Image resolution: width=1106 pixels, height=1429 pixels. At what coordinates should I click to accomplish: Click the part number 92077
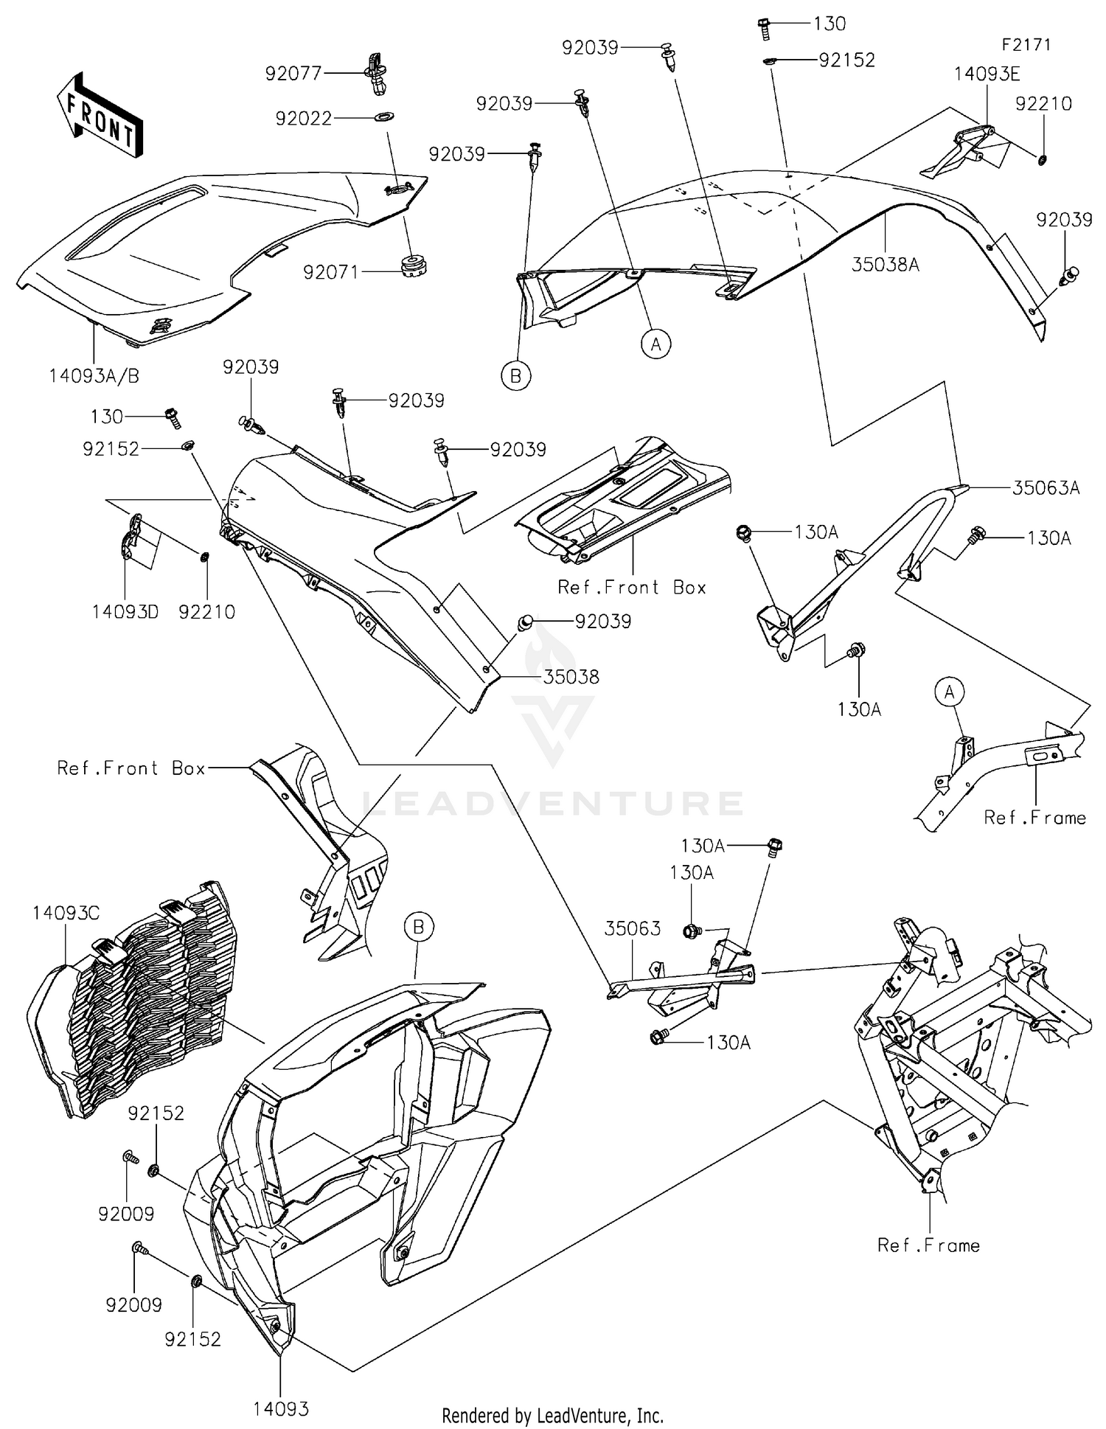(x=293, y=73)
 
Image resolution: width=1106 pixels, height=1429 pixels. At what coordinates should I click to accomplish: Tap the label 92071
(x=330, y=272)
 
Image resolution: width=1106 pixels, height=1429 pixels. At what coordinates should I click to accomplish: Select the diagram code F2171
(x=1026, y=44)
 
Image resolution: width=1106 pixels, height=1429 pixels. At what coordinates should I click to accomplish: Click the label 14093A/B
(x=94, y=376)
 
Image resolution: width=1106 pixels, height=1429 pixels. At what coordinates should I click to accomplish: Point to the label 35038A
(x=885, y=265)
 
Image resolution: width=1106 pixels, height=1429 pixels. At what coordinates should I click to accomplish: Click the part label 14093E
(x=987, y=74)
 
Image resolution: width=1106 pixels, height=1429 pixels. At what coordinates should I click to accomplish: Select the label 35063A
(x=1046, y=487)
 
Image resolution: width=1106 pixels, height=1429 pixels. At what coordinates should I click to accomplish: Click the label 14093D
(x=125, y=611)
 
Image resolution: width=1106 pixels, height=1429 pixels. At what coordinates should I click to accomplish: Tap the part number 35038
(x=571, y=676)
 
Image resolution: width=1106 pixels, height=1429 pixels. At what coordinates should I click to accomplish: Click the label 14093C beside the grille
(x=66, y=913)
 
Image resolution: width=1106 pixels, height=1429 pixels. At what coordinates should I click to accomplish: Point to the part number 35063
(x=633, y=928)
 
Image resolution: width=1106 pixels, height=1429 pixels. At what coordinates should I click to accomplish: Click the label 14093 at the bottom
(x=281, y=1408)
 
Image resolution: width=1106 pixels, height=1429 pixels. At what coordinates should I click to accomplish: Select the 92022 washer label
(x=304, y=118)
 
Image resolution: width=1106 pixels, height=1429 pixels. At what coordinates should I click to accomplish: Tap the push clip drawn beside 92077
(x=378, y=74)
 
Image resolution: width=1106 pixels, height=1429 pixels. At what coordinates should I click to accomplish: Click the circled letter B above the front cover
(x=418, y=926)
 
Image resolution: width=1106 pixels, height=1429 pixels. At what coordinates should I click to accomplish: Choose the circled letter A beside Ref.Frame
(x=949, y=692)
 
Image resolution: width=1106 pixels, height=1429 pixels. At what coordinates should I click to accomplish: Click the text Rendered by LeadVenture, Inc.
(x=552, y=1415)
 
